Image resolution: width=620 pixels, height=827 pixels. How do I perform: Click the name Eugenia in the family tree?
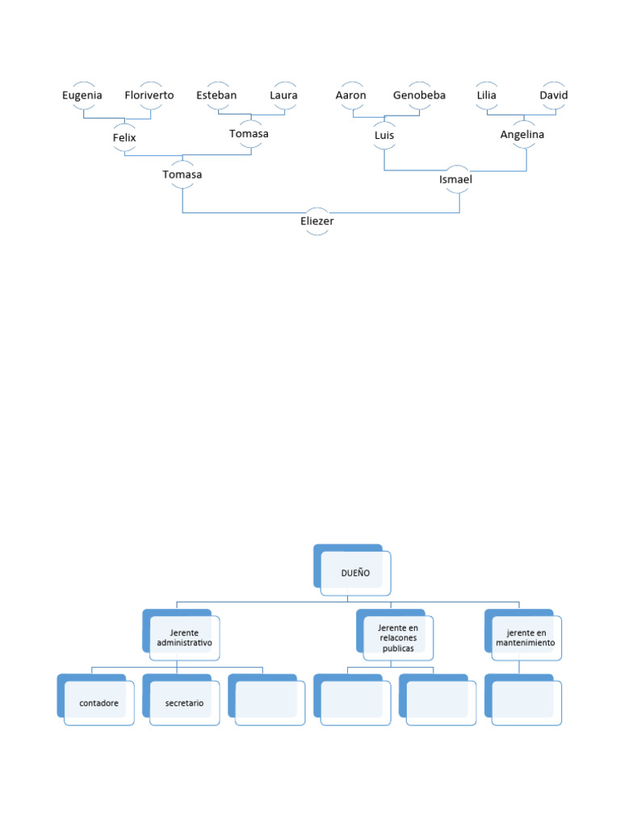(x=82, y=95)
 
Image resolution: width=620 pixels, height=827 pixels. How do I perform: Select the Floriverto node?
(x=149, y=95)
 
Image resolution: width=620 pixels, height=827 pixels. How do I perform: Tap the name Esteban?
(x=216, y=95)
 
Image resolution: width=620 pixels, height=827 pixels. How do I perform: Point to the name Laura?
(x=283, y=95)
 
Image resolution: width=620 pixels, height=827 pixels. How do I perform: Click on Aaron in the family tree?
(x=351, y=95)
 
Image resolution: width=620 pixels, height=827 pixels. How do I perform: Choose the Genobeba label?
(x=419, y=95)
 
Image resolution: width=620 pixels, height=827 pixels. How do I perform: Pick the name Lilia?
(x=487, y=95)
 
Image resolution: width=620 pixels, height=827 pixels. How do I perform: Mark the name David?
(x=554, y=95)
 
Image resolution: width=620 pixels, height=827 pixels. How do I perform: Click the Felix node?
(x=124, y=138)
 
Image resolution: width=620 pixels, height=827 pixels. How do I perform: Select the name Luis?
(x=384, y=135)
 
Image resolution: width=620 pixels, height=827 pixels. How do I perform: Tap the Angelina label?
(x=522, y=135)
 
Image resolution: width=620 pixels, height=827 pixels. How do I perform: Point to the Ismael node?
(x=455, y=179)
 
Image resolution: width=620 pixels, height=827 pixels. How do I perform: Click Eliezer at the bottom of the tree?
(x=317, y=221)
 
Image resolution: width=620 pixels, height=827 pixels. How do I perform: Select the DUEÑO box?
(x=355, y=573)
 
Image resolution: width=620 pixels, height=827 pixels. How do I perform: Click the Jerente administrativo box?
(x=184, y=637)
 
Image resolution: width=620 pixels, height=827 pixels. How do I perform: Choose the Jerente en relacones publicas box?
(x=398, y=637)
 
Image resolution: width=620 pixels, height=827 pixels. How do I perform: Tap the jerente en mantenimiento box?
(x=526, y=637)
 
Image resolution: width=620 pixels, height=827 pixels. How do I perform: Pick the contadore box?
(x=99, y=703)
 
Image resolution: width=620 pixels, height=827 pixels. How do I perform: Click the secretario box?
(x=185, y=703)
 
